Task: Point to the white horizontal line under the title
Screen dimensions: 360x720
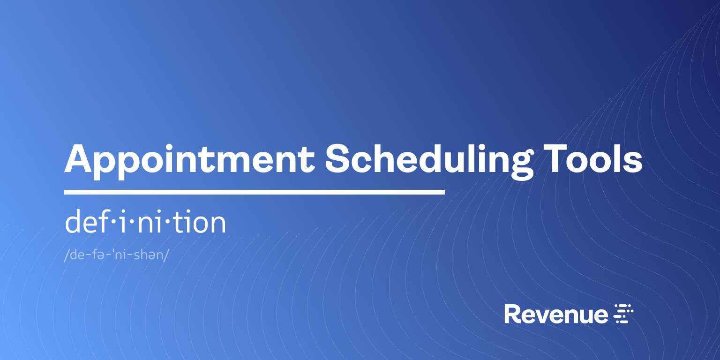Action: click(x=254, y=192)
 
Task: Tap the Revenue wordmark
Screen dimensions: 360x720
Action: click(x=556, y=314)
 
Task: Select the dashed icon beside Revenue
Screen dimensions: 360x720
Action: click(x=623, y=314)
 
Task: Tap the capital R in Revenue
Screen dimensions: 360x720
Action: click(x=512, y=314)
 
